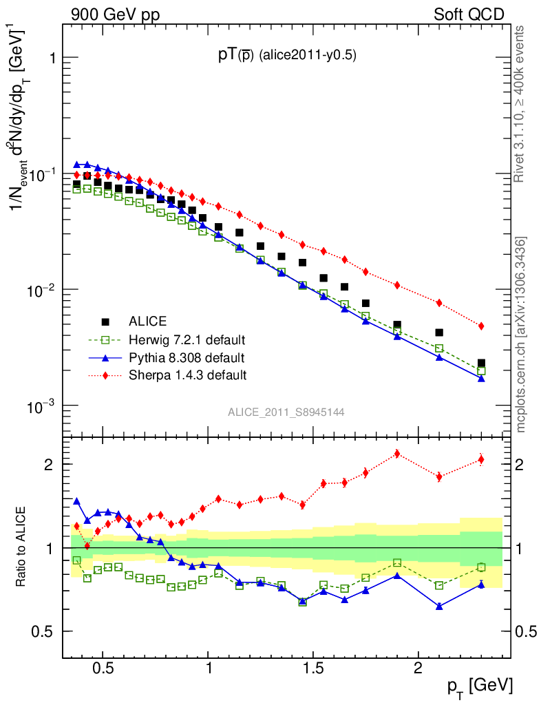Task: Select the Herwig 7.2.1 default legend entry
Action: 187,339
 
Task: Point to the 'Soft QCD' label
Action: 469,14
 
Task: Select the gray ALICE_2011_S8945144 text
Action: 286,412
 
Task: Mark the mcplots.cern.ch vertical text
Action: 522,335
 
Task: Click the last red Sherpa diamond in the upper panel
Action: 481,326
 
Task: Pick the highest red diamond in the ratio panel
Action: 397,454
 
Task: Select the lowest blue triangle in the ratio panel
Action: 439,607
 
